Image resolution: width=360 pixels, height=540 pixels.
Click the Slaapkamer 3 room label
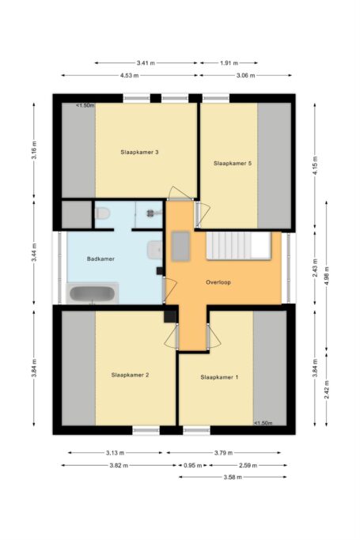141,152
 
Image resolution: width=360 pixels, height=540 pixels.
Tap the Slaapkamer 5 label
233,164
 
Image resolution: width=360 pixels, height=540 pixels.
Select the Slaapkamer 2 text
131,375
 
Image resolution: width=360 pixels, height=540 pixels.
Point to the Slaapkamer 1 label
219,378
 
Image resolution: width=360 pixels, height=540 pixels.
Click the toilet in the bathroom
101,213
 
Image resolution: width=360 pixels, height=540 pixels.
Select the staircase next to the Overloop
237,245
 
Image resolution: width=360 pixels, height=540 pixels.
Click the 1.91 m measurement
228,62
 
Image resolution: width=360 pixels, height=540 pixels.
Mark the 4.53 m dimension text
129,76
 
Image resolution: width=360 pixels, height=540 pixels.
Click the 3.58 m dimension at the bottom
231,478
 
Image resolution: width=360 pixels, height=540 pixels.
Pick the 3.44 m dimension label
34,253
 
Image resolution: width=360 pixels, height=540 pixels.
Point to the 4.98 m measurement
328,277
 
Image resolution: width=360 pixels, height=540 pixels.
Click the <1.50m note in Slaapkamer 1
263,423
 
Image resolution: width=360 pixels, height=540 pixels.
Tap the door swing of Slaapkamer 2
170,338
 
